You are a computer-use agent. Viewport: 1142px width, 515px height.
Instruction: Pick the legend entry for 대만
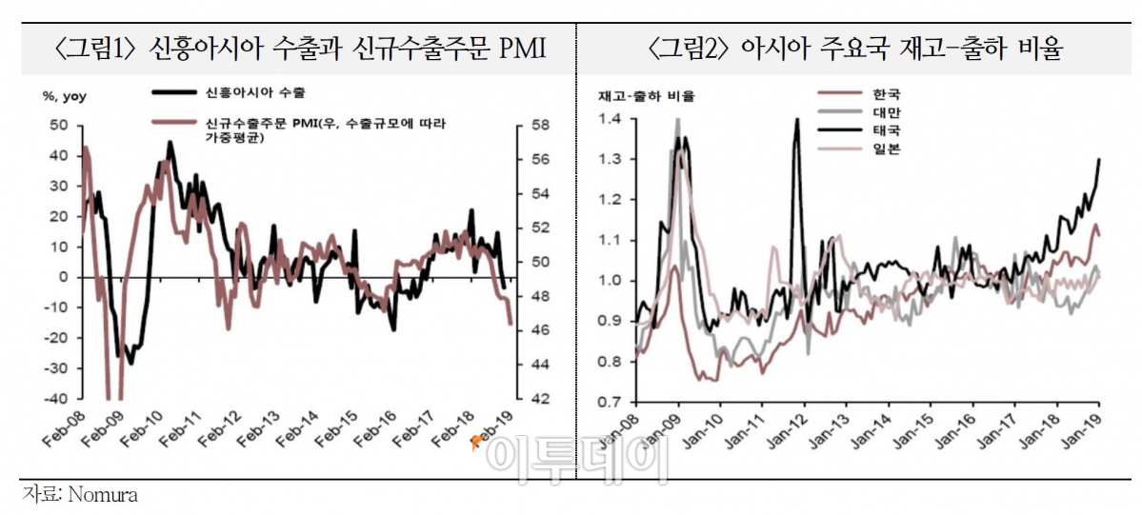[885, 111]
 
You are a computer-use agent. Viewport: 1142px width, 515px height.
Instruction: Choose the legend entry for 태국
[885, 129]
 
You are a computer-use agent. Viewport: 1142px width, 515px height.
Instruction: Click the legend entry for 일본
[885, 149]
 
